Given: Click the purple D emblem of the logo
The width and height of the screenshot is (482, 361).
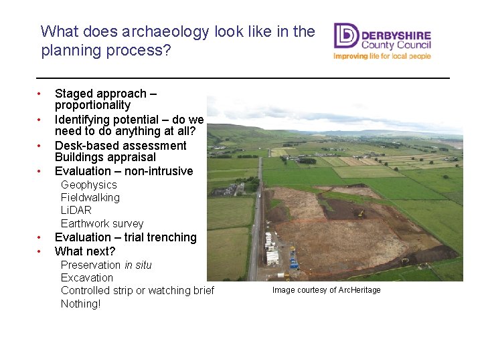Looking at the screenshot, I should pos(346,36).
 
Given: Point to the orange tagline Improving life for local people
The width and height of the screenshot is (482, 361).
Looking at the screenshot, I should pos(382,56).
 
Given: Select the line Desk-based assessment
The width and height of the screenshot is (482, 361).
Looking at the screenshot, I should pos(120,146).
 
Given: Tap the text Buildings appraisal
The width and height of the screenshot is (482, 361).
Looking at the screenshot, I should pos(105,158).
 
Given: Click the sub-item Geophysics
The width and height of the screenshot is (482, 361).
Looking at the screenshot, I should pos(88,185).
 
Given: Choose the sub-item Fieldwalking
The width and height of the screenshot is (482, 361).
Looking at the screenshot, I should pos(90,198).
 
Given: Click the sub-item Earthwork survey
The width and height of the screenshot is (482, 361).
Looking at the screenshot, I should pos(102,224).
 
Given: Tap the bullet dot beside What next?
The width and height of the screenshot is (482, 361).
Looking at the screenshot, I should pos(40,251).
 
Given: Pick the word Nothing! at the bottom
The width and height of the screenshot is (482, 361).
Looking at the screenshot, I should pos(80,304).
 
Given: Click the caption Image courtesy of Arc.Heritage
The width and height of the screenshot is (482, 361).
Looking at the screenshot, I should pos(326,290).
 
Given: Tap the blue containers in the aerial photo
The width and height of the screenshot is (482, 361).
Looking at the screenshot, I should pos(293,261).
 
